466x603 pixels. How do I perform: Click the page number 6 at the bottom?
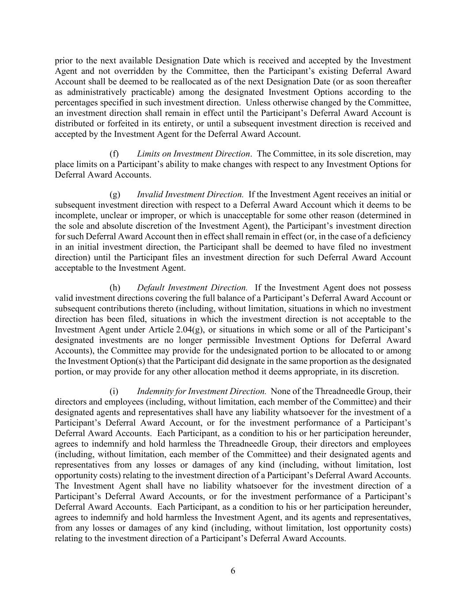233,571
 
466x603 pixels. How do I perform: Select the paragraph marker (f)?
114,154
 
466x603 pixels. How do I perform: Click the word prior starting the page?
63,61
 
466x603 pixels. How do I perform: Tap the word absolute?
99,226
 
